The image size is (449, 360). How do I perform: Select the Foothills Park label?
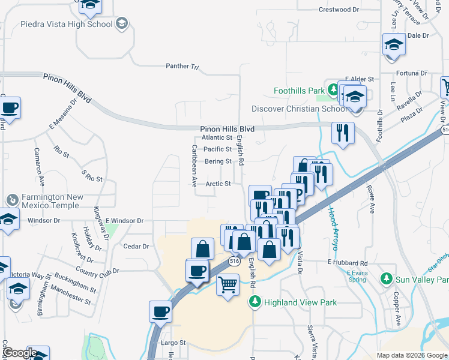[299, 91]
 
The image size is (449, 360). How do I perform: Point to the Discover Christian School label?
[299, 109]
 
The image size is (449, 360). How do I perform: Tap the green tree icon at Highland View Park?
[256, 302]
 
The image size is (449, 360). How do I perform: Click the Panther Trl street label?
[182, 66]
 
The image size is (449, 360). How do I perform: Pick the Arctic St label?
[218, 184]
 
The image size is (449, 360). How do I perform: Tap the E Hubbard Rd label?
[347, 263]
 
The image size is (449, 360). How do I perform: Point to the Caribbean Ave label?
[194, 166]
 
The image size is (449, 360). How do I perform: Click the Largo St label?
[173, 343]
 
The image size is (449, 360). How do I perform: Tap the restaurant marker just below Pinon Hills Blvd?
[343, 132]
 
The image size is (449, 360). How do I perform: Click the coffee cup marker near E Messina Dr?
[10, 108]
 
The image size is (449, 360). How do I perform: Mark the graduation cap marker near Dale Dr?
[394, 44]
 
